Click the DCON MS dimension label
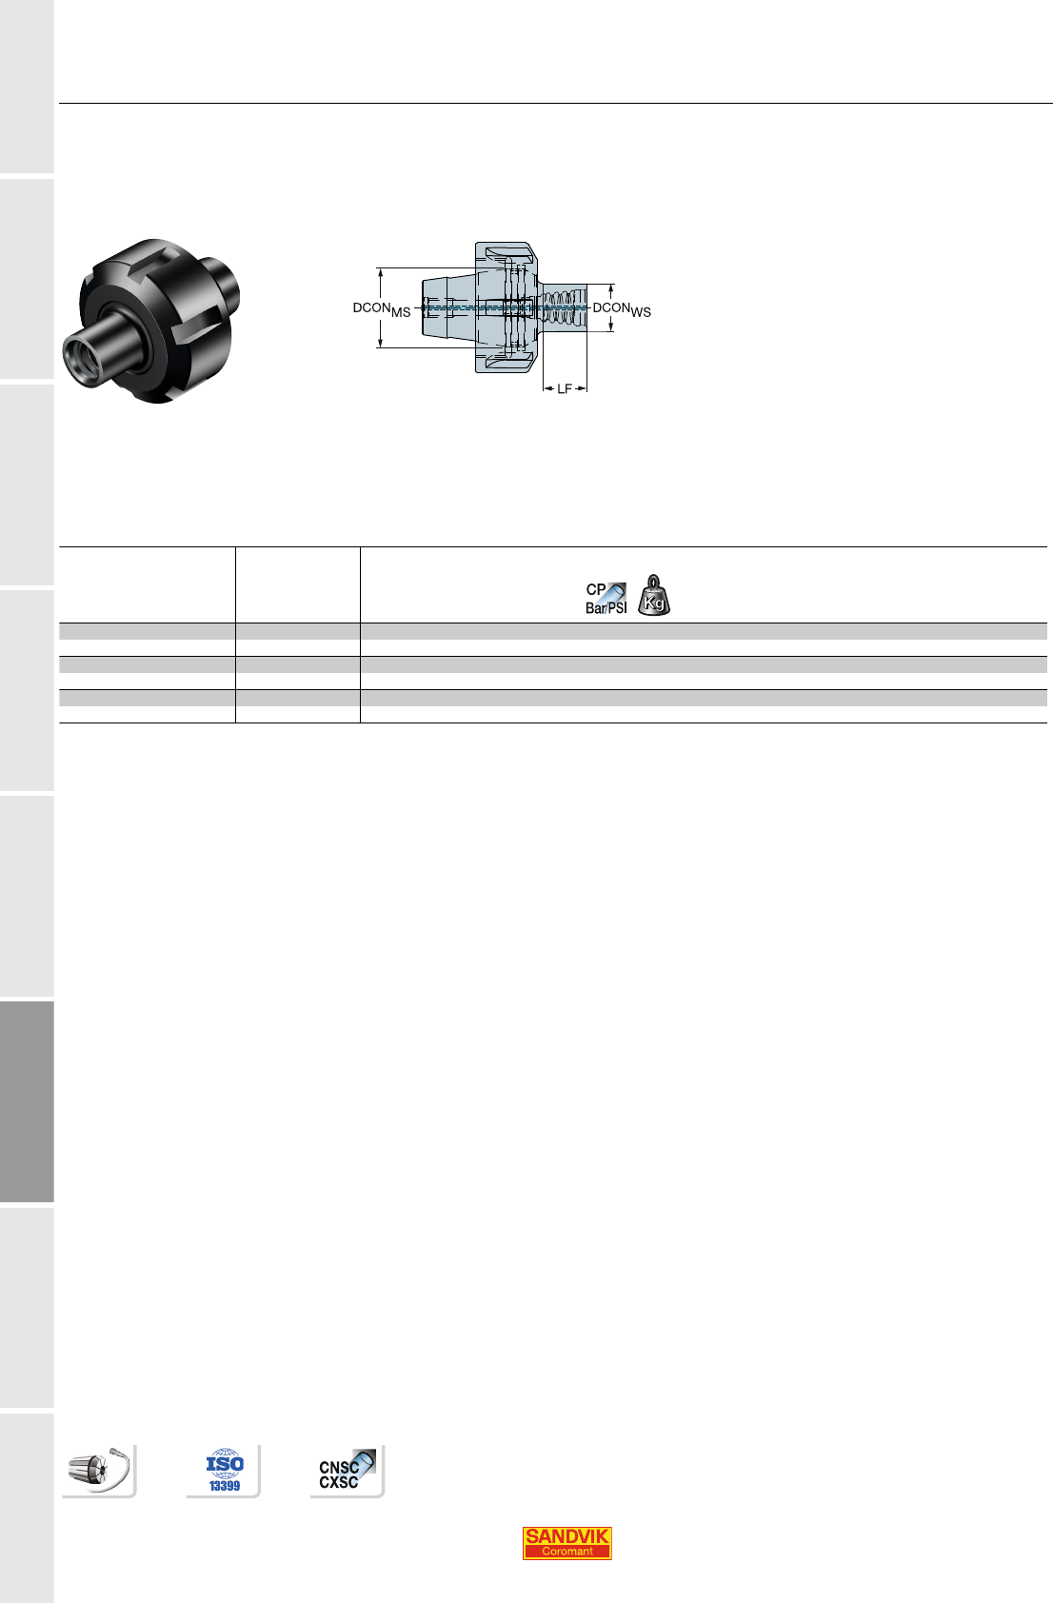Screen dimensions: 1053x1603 pyautogui.click(x=382, y=309)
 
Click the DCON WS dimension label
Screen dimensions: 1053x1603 pyautogui.click(x=622, y=309)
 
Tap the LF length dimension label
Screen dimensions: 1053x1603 pyautogui.click(x=565, y=388)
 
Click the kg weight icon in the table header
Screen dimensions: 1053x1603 pyautogui.click(x=653, y=595)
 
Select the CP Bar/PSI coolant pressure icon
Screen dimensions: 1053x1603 pyautogui.click(x=606, y=598)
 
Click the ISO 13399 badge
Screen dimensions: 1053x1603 pyautogui.click(x=224, y=1471)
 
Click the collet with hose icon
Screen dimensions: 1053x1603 pyautogui.click(x=99, y=1470)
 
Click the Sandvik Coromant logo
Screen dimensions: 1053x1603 pyautogui.click(x=566, y=1543)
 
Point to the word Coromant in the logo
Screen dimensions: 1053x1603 pyautogui.click(x=566, y=1552)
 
